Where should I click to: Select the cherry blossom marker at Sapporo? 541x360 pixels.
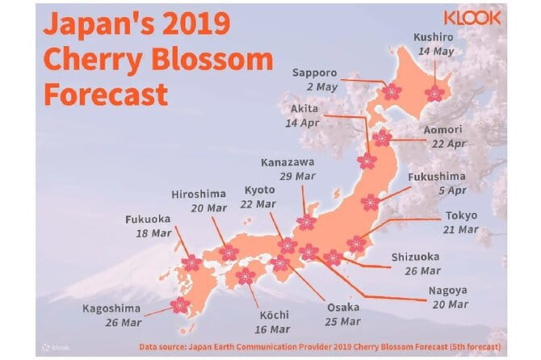[392, 92]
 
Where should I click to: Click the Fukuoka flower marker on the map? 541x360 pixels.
[191, 262]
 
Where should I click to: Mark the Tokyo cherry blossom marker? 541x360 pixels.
[356, 243]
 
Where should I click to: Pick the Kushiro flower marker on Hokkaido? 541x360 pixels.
[435, 93]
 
